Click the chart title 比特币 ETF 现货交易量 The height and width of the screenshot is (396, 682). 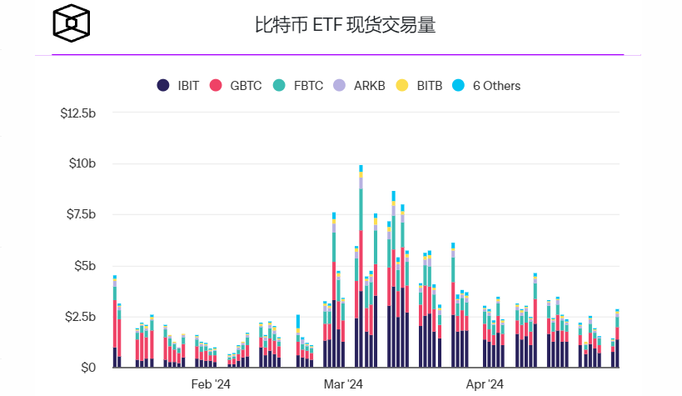point(345,25)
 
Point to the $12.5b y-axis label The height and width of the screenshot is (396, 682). point(78,113)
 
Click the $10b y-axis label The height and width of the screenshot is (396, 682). point(82,163)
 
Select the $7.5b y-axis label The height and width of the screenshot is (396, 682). point(81,214)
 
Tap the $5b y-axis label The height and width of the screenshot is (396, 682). point(85,266)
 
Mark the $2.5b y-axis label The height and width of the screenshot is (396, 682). point(81,317)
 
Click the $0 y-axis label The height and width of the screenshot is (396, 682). point(88,368)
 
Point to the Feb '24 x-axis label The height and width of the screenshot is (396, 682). point(211,384)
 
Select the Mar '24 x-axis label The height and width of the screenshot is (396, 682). point(343,384)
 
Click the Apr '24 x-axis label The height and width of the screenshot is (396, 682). point(485,384)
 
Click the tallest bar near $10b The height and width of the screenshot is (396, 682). point(361,267)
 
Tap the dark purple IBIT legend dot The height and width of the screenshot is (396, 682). point(163,85)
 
